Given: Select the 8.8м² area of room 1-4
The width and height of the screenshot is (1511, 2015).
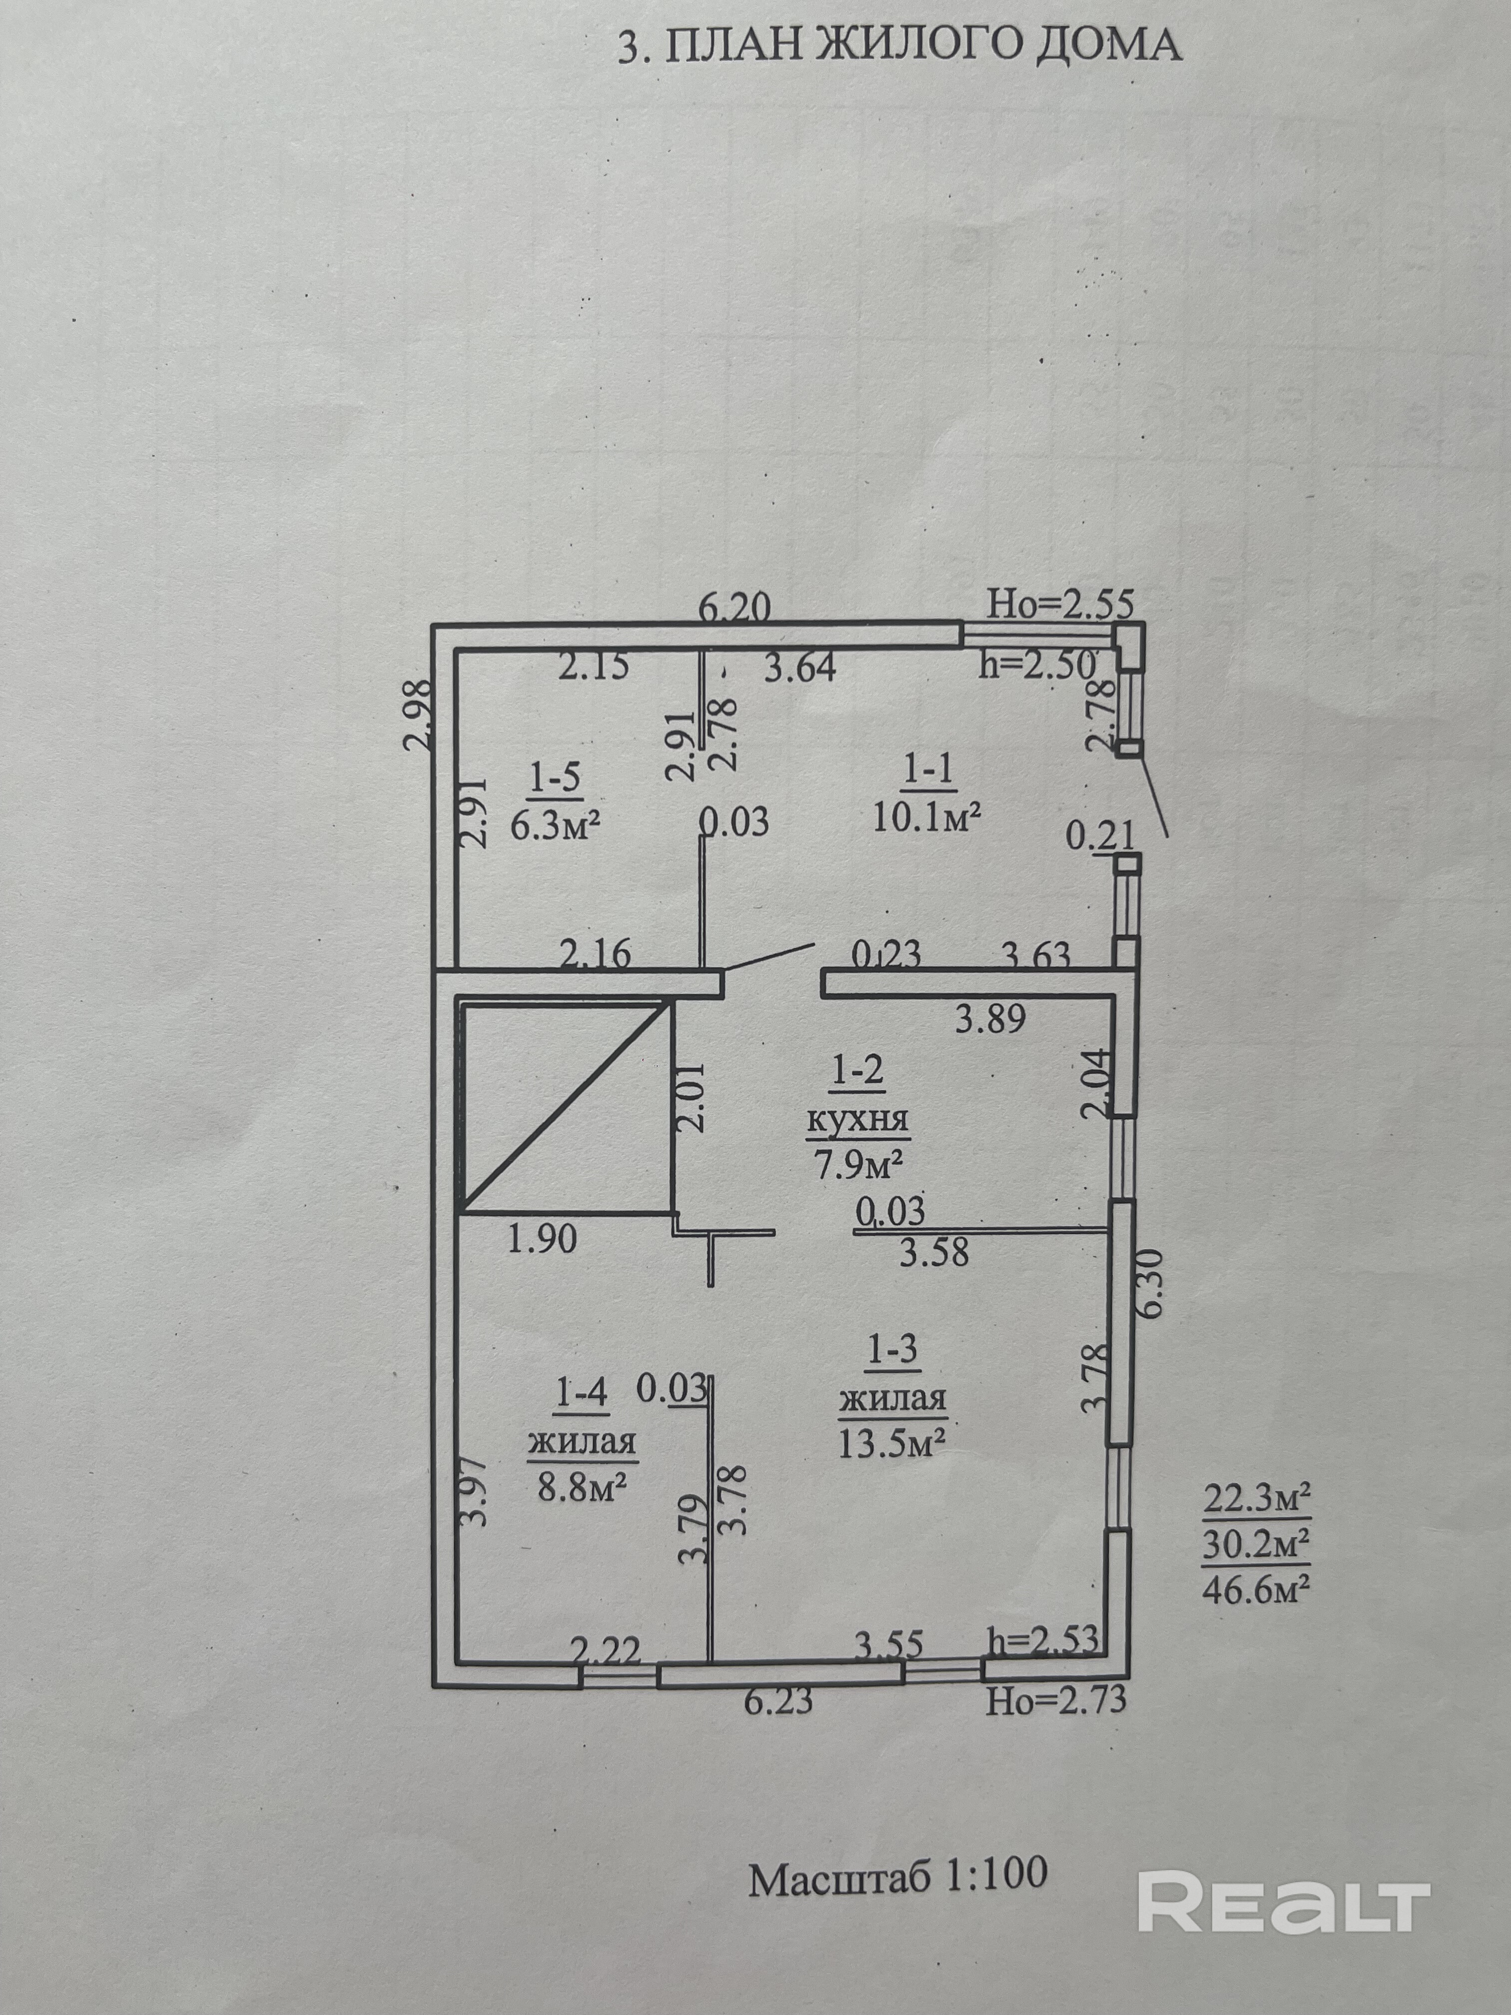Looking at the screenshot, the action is (581, 1488).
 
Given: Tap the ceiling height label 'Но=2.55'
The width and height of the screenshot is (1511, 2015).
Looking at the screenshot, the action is (1061, 604).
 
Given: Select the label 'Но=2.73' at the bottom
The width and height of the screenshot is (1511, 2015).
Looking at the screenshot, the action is (1056, 1699).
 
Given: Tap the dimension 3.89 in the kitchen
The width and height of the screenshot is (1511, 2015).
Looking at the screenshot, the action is (990, 1017).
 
